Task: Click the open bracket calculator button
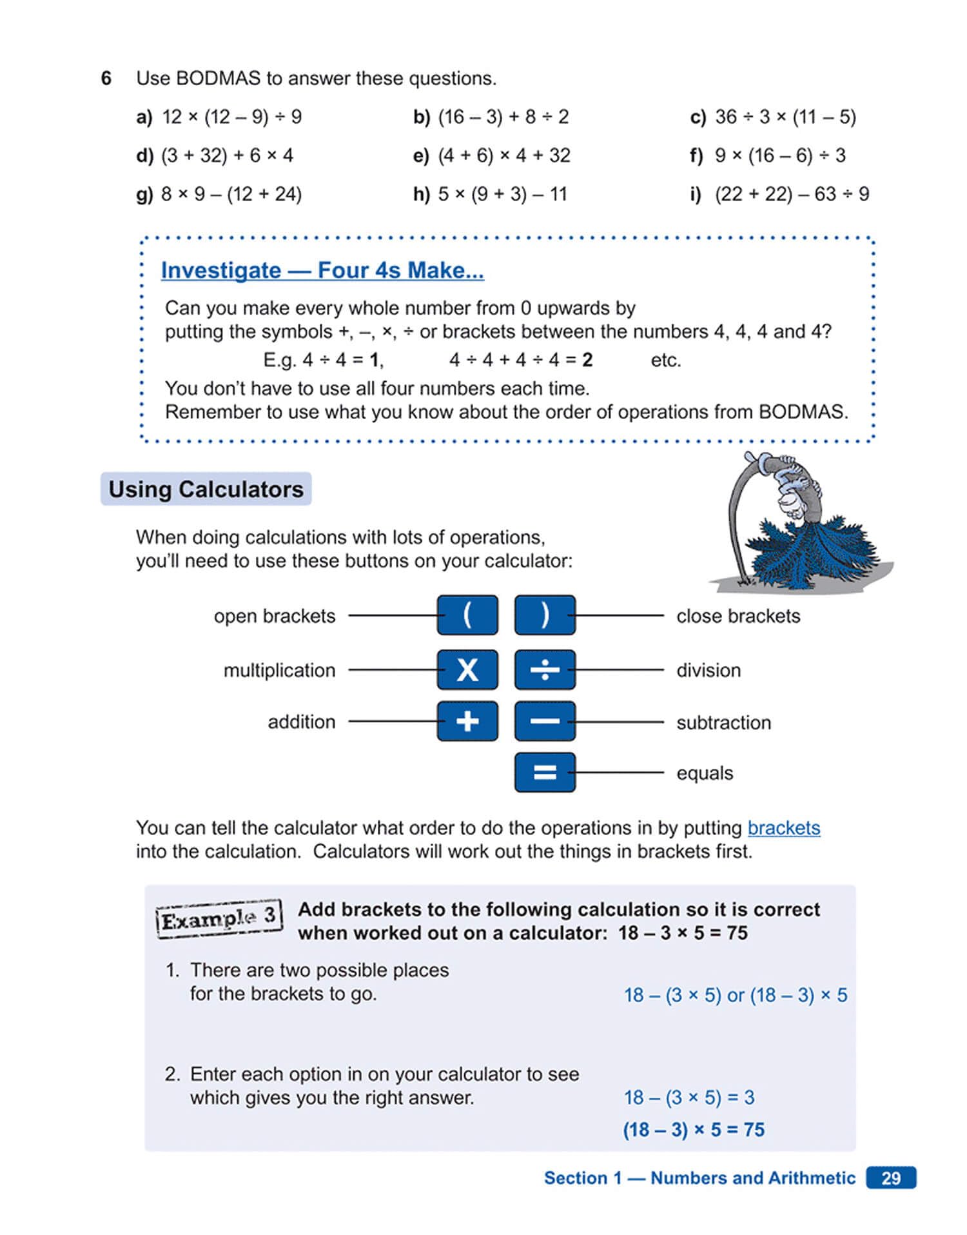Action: pyautogui.click(x=467, y=615)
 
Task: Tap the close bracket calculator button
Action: pyautogui.click(x=545, y=615)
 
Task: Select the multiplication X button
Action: pyautogui.click(x=467, y=669)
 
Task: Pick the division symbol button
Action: pyautogui.click(x=545, y=669)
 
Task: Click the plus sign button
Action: pyautogui.click(x=467, y=721)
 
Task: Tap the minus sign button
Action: pyautogui.click(x=545, y=721)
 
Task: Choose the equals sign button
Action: pyautogui.click(x=545, y=772)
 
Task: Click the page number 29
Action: pyautogui.click(x=891, y=1178)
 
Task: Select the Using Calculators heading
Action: pyautogui.click(x=206, y=489)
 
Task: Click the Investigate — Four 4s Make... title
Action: pyautogui.click(x=322, y=270)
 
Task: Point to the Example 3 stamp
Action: pyautogui.click(x=219, y=918)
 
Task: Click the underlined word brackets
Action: pyautogui.click(x=783, y=827)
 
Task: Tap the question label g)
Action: pyautogui.click(x=144, y=194)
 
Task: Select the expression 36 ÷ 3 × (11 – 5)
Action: pyautogui.click(x=785, y=117)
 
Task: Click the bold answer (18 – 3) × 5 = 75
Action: pyautogui.click(x=694, y=1129)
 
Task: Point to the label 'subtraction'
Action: pyautogui.click(x=723, y=722)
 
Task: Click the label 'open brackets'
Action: pyautogui.click(x=275, y=616)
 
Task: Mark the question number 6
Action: pyautogui.click(x=106, y=79)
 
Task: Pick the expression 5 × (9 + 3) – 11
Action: pyautogui.click(x=502, y=194)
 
